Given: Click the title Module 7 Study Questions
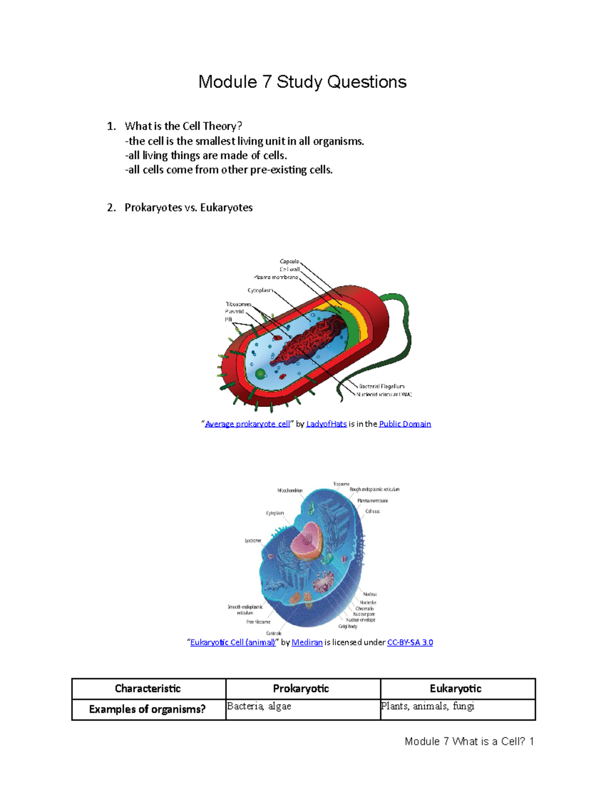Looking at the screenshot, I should tap(302, 82).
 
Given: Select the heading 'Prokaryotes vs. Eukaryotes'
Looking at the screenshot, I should tap(188, 207).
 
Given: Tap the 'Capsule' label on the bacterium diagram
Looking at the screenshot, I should tap(289, 261).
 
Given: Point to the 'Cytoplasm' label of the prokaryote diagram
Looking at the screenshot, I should tap(260, 291).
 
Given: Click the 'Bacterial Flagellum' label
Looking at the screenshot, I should tap(381, 386).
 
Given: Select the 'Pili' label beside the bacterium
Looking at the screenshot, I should tap(229, 319).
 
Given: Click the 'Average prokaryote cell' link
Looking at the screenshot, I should tap(247, 424).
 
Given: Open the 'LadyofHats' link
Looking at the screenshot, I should tap(326, 424).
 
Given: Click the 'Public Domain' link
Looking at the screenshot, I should tap(405, 424).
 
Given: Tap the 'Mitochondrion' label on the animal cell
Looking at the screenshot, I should tap(290, 490).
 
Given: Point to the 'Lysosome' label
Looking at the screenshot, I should tap(253, 540).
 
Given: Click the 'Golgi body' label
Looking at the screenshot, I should tap(348, 626).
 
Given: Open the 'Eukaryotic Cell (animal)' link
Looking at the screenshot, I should tap(233, 642).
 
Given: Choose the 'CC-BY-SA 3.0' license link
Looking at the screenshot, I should tap(410, 642).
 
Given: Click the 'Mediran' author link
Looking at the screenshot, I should tap(307, 642).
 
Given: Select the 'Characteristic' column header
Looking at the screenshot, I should tap(148, 688).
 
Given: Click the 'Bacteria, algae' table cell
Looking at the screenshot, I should tap(259, 706).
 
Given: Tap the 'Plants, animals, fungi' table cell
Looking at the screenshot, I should tap(427, 706).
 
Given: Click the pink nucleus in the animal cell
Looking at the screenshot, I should tap(308, 541).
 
